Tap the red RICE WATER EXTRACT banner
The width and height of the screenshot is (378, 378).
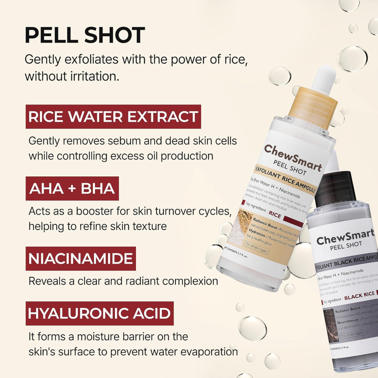click(x=113, y=117)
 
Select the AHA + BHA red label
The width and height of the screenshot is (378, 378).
click(x=72, y=188)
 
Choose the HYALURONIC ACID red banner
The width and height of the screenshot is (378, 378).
click(x=99, y=313)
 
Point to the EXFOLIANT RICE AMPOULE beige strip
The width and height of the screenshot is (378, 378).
click(x=285, y=181)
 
